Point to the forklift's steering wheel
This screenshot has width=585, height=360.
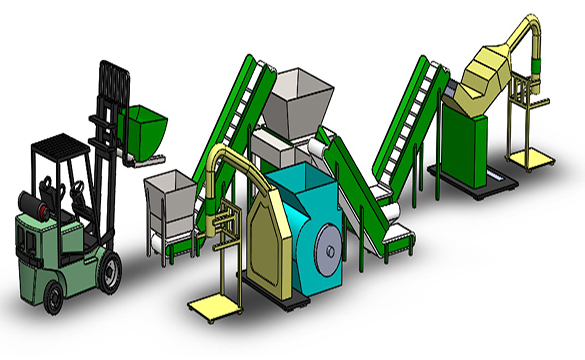pyautogui.click(x=72, y=185)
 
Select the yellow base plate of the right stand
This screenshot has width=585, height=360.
pyautogui.click(x=527, y=159)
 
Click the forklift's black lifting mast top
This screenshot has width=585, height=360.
pyautogui.click(x=115, y=75)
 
